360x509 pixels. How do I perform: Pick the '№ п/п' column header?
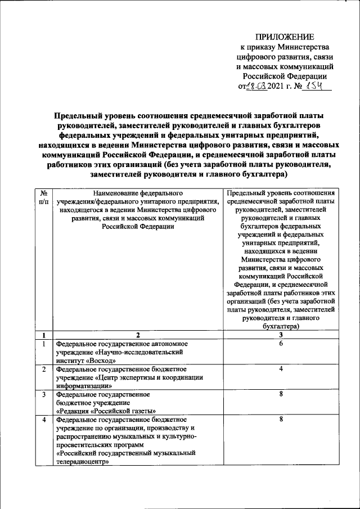click(x=44, y=196)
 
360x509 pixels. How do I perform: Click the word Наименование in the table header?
click(x=116, y=192)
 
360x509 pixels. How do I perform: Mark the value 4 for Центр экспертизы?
click(x=280, y=368)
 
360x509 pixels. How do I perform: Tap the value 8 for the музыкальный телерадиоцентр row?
click(x=280, y=419)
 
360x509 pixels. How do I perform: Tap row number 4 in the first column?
click(x=44, y=419)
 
